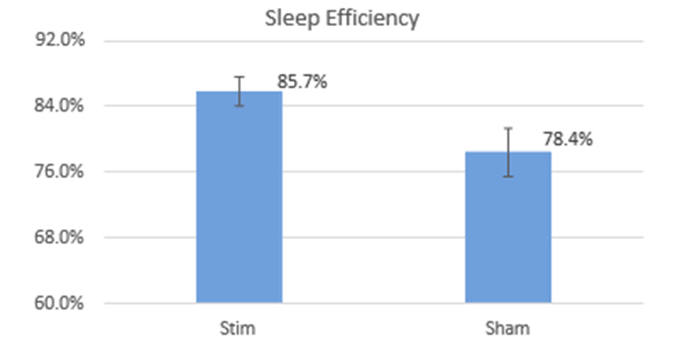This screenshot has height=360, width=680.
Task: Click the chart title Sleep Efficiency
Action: click(340, 18)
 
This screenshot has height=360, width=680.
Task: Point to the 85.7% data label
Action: click(302, 81)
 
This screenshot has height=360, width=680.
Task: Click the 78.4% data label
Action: click(567, 139)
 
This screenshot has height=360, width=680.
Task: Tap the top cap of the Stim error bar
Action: click(239, 77)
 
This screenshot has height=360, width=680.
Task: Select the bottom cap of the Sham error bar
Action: click(508, 176)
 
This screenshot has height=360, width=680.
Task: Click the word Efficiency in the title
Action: click(370, 18)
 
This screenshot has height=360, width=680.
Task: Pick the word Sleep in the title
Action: click(290, 18)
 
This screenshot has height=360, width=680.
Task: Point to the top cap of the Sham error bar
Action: click(508, 128)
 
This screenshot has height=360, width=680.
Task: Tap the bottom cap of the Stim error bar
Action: click(239, 106)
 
